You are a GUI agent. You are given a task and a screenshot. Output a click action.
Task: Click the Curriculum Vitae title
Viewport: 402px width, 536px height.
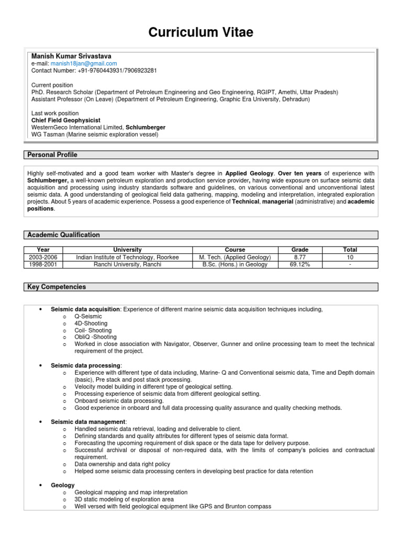click(201, 32)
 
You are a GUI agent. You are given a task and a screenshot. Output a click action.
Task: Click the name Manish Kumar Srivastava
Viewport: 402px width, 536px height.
click(71, 56)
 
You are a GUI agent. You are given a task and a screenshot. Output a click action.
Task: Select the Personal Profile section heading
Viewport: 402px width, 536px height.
click(52, 155)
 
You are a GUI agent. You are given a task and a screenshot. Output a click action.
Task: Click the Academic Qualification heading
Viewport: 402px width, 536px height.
click(63, 235)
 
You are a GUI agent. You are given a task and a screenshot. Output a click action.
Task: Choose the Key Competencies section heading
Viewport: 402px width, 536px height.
click(57, 287)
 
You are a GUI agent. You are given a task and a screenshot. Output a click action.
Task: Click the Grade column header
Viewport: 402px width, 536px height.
click(300, 250)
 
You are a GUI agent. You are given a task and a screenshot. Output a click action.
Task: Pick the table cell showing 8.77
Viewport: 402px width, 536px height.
click(300, 258)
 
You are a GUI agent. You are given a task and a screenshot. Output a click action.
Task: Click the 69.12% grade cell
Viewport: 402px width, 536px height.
click(300, 265)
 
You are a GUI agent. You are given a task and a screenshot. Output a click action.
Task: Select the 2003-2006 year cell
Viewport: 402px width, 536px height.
click(43, 258)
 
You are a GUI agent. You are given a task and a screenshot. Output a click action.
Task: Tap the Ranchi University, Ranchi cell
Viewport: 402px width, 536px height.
click(127, 265)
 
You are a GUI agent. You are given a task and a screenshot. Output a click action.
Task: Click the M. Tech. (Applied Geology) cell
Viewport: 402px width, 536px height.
click(235, 258)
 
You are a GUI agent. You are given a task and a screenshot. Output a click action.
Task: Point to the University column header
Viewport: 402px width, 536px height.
click(127, 250)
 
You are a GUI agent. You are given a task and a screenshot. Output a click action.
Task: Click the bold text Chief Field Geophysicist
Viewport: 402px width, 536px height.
click(66, 120)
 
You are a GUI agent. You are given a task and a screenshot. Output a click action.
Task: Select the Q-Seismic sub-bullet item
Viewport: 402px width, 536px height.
click(88, 317)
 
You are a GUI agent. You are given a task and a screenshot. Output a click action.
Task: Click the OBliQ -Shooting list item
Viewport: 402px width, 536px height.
click(96, 337)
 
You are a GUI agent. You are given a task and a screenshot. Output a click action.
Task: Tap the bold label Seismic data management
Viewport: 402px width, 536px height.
click(87, 421)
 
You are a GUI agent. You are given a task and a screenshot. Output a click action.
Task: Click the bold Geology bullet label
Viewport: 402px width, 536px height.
click(62, 485)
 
